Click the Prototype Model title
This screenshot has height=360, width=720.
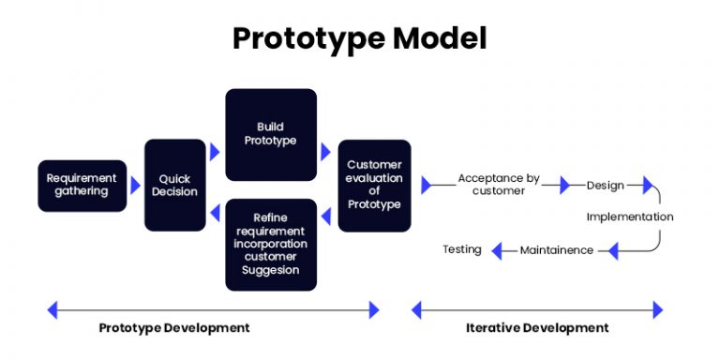[x=360, y=39]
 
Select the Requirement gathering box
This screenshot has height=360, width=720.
[x=82, y=185]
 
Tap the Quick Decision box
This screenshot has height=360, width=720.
[x=174, y=185]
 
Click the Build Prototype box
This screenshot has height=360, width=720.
[x=270, y=134]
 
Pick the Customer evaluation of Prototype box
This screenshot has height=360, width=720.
[x=373, y=185]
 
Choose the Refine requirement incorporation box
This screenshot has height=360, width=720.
[x=270, y=244]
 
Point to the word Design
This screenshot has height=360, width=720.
[x=605, y=185]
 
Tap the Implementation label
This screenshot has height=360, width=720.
[x=629, y=217]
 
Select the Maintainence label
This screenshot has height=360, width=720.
[x=556, y=250]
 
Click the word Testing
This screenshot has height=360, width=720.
[x=462, y=249]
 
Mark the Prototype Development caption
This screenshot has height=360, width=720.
[x=174, y=327]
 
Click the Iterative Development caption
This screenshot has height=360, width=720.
[x=537, y=327]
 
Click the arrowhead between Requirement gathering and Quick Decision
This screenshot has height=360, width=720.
[x=136, y=185]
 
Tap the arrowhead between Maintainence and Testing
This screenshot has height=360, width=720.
[x=498, y=250]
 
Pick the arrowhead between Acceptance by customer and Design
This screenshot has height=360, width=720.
[x=564, y=186]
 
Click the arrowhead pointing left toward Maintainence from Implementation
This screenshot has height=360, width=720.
[x=614, y=250]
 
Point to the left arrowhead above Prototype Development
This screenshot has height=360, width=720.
[x=52, y=309]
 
